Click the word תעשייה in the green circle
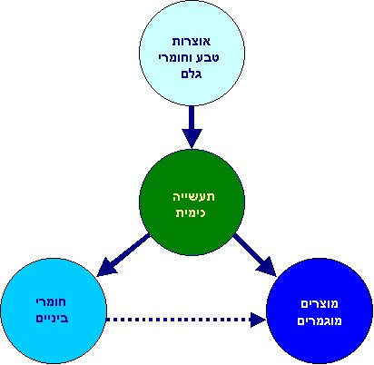(191, 197)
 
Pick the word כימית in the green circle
(191, 213)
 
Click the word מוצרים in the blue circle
(319, 302)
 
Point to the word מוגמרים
(319, 319)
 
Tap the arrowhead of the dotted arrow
(259, 319)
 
